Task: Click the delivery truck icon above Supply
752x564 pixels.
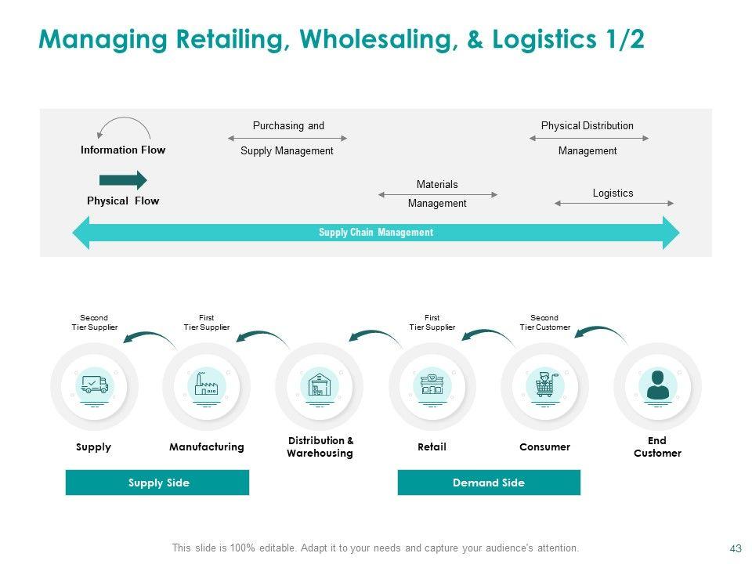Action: (94, 385)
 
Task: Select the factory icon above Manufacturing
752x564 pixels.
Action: (207, 385)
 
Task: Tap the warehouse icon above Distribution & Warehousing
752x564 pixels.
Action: (319, 385)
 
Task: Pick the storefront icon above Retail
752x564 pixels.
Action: (432, 385)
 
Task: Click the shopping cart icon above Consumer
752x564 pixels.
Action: (544, 385)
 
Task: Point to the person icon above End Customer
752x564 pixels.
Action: (657, 385)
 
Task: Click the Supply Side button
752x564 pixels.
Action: (157, 483)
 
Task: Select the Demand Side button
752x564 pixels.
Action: (489, 483)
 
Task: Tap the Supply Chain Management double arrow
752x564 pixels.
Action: (376, 233)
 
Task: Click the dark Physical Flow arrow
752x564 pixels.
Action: (123, 180)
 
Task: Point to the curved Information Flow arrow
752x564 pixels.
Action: (123, 126)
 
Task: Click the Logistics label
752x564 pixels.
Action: (613, 193)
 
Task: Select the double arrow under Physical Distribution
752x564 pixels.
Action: (589, 139)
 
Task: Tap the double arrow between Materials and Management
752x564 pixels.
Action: (438, 194)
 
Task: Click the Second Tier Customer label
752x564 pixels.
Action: (544, 323)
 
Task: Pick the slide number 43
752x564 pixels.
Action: (735, 548)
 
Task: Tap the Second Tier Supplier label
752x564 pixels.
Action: (94, 323)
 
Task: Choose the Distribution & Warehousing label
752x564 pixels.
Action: (320, 446)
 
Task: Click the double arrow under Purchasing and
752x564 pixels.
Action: (287, 139)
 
